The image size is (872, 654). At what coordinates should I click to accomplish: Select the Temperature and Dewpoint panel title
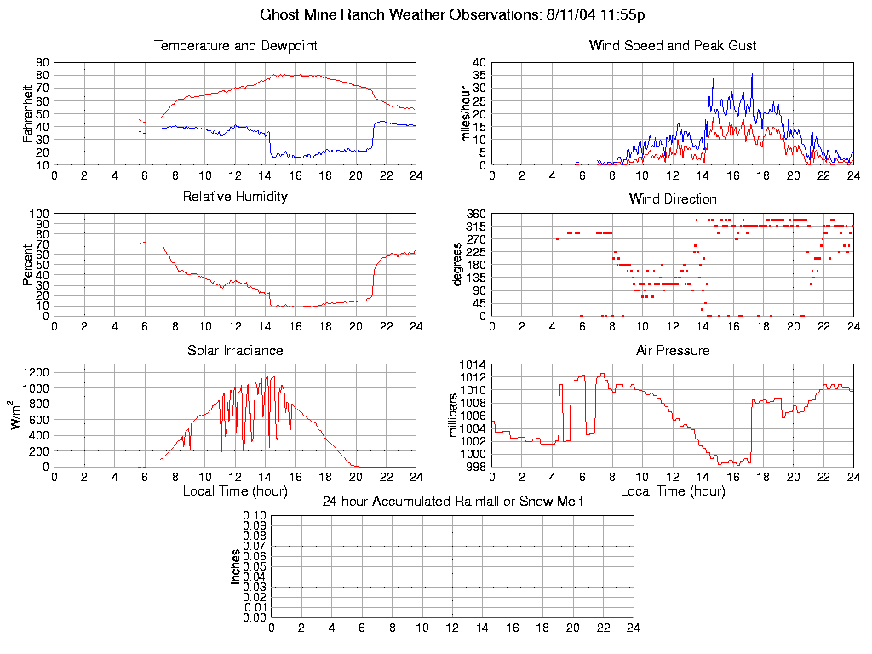pyautogui.click(x=235, y=46)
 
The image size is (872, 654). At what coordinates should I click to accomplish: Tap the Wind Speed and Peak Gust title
pyautogui.click(x=673, y=46)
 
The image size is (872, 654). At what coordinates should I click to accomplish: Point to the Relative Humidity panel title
pyautogui.click(x=235, y=197)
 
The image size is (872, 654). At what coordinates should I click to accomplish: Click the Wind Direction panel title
pyautogui.click(x=673, y=199)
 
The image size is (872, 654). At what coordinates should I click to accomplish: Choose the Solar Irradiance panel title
pyautogui.click(x=235, y=350)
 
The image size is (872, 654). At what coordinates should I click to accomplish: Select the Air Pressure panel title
pyautogui.click(x=673, y=350)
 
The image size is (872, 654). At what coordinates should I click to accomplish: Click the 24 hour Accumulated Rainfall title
pyautogui.click(x=452, y=502)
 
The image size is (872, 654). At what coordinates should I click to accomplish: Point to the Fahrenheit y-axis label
pyautogui.click(x=28, y=113)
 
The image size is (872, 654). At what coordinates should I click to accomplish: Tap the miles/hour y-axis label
pyautogui.click(x=465, y=113)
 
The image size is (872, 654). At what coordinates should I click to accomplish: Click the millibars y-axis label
pyautogui.click(x=454, y=416)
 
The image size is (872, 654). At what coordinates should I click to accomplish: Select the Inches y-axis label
pyautogui.click(x=236, y=566)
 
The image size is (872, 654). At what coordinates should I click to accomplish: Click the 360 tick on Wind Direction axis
pyautogui.click(x=475, y=214)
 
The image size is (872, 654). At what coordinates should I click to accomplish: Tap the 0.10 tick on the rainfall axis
pyautogui.click(x=255, y=516)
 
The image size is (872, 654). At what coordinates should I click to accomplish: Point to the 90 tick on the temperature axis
pyautogui.click(x=42, y=63)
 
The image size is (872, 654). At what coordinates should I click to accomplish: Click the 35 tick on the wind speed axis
pyautogui.click(x=479, y=76)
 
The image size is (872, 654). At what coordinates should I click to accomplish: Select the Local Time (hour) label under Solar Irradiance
pyautogui.click(x=235, y=491)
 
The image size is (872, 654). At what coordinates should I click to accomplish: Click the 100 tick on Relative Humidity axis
pyautogui.click(x=38, y=214)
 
